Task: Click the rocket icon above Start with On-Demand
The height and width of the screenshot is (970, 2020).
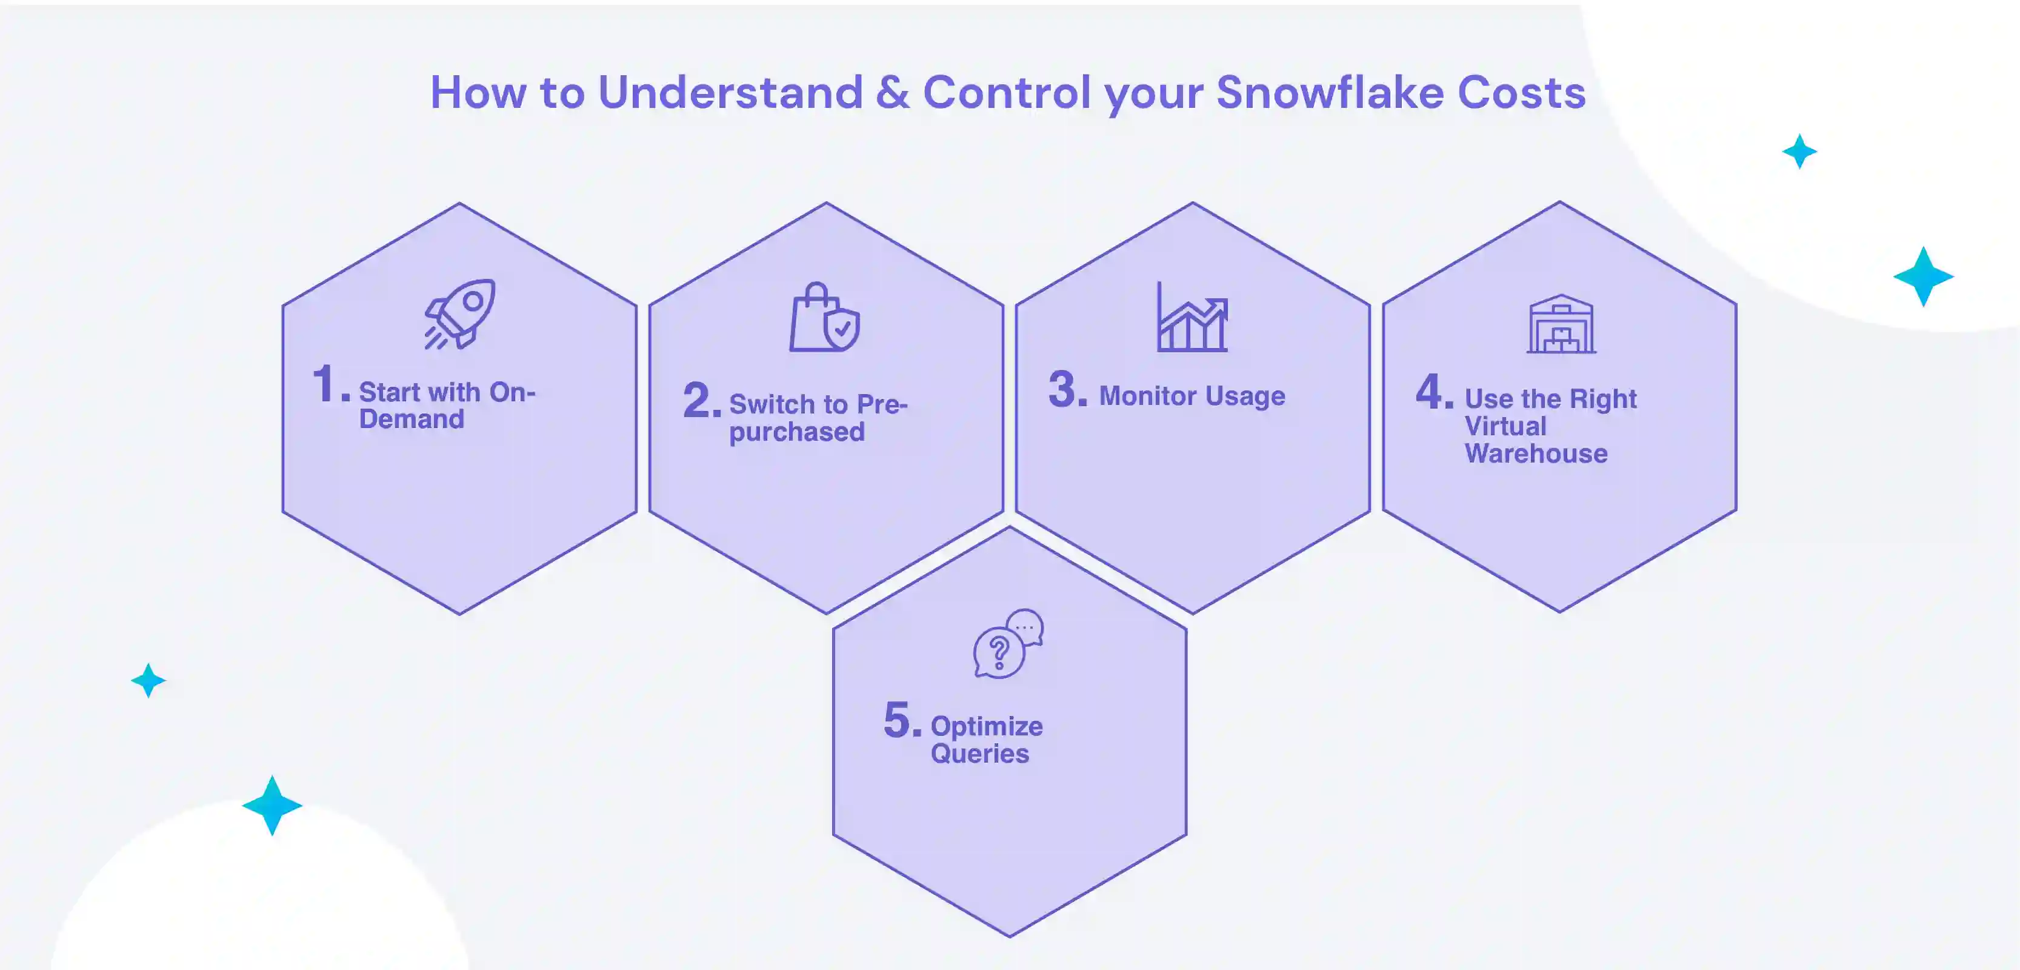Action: tap(460, 313)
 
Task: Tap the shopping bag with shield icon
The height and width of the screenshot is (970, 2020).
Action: tap(824, 318)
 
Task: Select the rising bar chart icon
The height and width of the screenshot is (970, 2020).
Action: tap(1192, 318)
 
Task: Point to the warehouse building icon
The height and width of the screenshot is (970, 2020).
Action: tap(1561, 324)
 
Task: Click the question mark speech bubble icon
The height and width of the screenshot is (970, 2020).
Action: tap(1008, 644)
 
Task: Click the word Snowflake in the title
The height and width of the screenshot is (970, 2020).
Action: tap(1329, 93)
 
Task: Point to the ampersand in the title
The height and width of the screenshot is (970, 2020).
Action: tap(892, 93)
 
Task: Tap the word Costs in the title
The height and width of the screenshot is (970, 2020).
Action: tap(1521, 93)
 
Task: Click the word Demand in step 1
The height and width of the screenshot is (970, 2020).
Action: tap(412, 420)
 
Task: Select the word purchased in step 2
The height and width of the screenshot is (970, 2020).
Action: tap(797, 433)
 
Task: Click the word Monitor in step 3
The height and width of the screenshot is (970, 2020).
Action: tap(1147, 396)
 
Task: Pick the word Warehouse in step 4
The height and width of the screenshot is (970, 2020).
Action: tap(1535, 454)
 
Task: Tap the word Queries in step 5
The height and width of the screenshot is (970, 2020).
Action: tap(979, 754)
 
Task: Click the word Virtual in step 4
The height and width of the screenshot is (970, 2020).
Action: tap(1505, 427)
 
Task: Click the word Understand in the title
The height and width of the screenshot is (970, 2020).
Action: tap(730, 93)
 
